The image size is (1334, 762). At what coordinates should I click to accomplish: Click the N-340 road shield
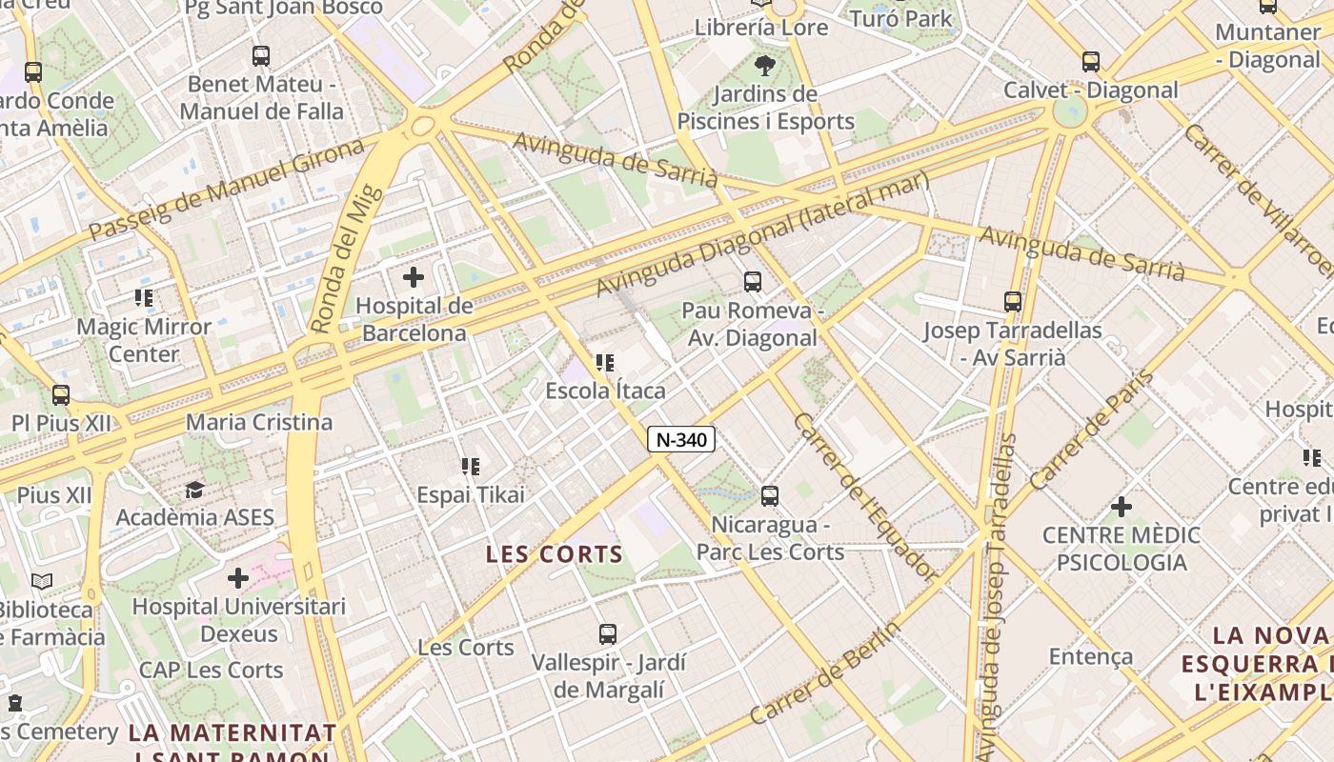(x=680, y=439)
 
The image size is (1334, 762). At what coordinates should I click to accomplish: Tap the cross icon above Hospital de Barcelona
(x=413, y=277)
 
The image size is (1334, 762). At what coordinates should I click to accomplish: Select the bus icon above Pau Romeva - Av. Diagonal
(x=752, y=281)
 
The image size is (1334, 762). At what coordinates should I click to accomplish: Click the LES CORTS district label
(x=554, y=554)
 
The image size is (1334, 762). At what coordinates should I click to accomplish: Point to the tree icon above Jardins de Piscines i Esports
(x=764, y=66)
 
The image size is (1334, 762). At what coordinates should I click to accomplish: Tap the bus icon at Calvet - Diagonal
(x=1090, y=62)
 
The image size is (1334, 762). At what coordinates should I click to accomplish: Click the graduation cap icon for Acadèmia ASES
(x=194, y=490)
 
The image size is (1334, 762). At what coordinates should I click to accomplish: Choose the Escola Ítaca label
(x=605, y=391)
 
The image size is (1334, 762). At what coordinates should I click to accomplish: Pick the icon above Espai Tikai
(x=470, y=467)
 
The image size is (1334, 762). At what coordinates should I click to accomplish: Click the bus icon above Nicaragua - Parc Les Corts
(x=769, y=495)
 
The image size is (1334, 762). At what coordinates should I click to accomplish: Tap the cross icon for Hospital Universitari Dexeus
(x=238, y=577)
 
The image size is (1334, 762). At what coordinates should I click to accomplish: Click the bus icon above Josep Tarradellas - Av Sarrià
(x=1012, y=302)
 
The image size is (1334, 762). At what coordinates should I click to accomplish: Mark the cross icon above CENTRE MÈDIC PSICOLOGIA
(x=1121, y=506)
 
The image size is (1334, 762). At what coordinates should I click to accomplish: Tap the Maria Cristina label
(x=259, y=422)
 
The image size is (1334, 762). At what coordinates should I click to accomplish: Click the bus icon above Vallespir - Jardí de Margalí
(x=607, y=633)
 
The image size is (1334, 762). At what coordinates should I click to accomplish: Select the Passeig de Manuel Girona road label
(x=227, y=189)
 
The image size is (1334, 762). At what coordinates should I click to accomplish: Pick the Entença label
(x=1090, y=656)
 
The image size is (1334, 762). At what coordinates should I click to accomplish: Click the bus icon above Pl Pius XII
(x=61, y=394)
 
